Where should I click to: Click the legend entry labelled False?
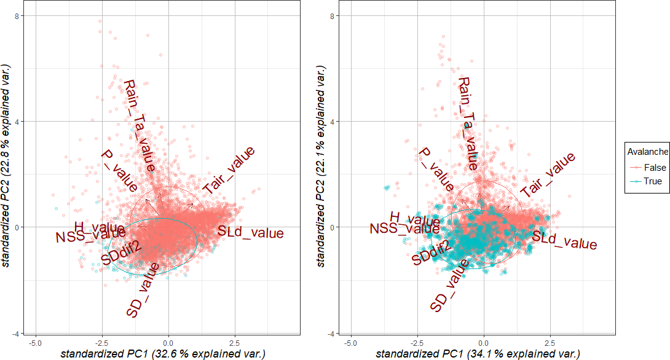click(652, 168)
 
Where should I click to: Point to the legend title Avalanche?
click(647, 151)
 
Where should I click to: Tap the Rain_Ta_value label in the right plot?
click(468, 123)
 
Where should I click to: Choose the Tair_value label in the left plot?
click(228, 170)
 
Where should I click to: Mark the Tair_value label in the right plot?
click(548, 175)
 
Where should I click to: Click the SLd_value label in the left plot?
click(251, 233)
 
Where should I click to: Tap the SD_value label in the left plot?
click(143, 290)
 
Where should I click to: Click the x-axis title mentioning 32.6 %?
click(163, 353)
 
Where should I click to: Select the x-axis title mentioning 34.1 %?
click(478, 353)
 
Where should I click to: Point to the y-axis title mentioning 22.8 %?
click(7, 166)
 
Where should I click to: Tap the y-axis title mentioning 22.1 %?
click(321, 166)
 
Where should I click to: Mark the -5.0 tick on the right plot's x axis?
click(350, 343)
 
